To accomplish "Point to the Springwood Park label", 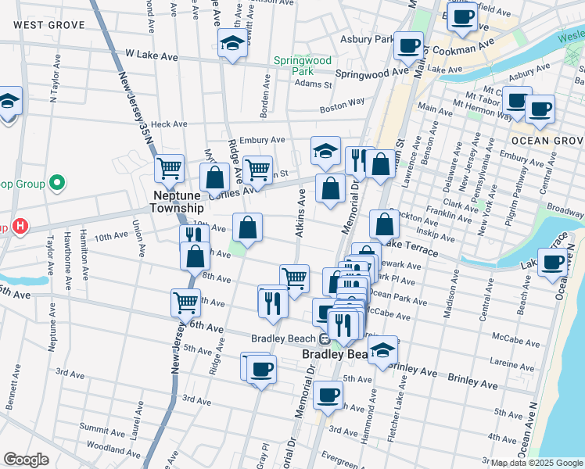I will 303,65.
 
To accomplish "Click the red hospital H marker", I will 20,227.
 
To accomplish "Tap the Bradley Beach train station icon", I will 323,338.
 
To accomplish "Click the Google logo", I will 26,460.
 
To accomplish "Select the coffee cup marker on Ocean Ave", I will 553,262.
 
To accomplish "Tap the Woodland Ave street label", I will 103,449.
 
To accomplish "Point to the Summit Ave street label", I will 96,428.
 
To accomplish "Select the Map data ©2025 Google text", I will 537,463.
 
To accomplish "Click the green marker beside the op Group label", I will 56,184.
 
